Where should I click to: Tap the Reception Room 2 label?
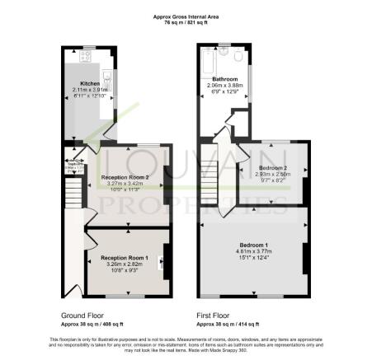[125, 177]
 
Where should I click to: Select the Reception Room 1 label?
[125, 258]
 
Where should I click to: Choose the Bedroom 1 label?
[254, 245]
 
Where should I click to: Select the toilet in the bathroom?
[238, 58]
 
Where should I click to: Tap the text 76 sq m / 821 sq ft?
[186, 21]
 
